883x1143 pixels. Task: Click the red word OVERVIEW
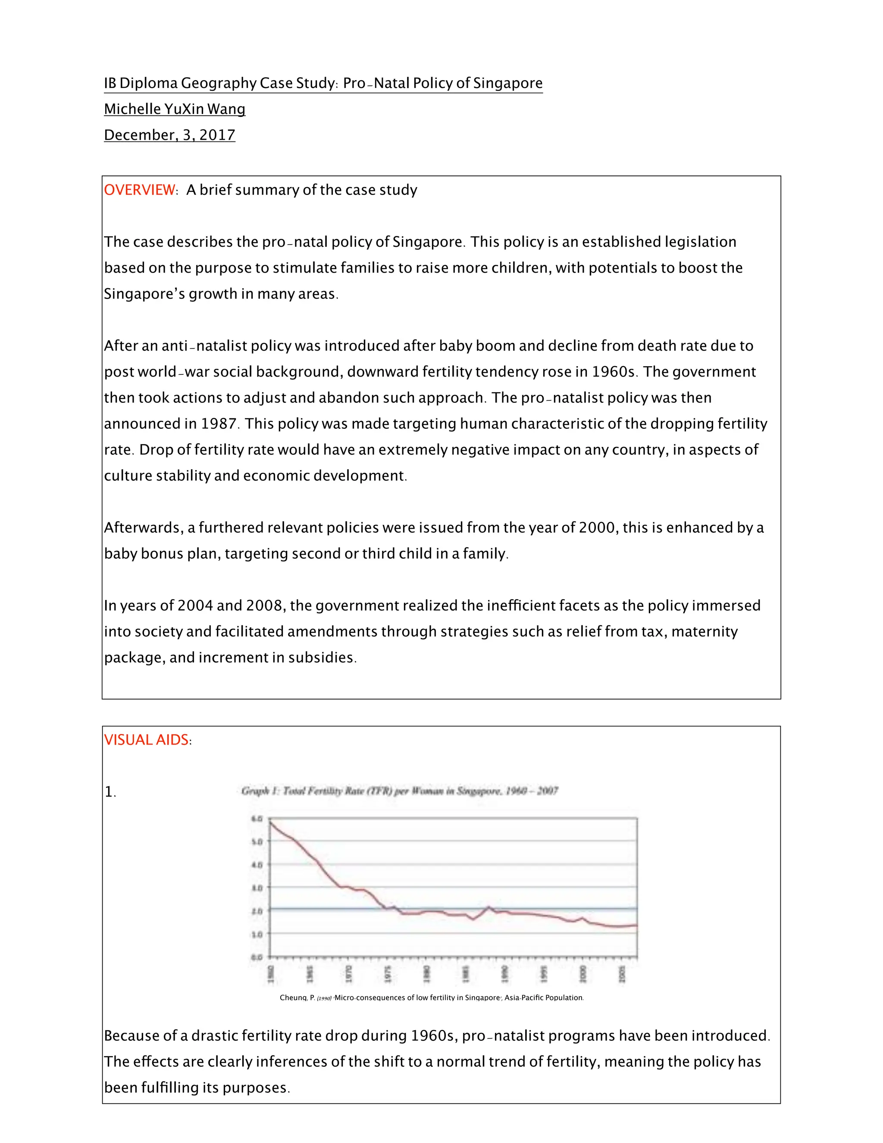[x=140, y=190]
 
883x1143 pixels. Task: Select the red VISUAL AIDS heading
[x=147, y=740]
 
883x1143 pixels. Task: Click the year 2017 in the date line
[x=217, y=135]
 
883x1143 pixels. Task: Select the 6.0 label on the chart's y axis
[x=257, y=819]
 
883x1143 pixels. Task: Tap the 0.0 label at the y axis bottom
[x=257, y=957]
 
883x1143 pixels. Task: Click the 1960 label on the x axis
[x=271, y=974]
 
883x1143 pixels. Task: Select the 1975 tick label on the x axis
[x=388, y=974]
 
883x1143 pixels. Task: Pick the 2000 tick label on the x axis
[x=583, y=974]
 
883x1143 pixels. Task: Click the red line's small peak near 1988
[x=488, y=907]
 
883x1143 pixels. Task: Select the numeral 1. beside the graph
[x=110, y=792]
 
